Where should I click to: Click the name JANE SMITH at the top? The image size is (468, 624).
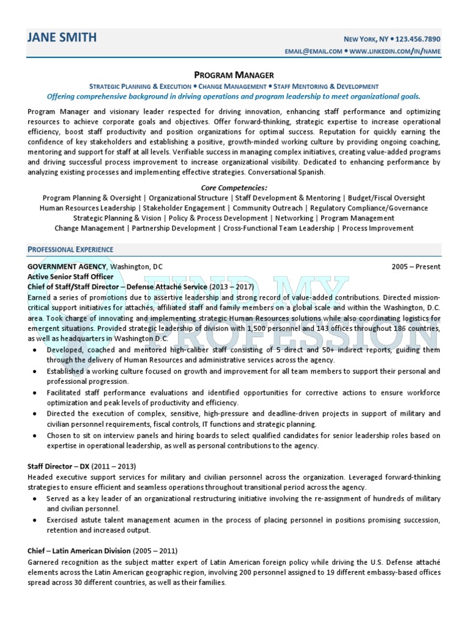(62, 38)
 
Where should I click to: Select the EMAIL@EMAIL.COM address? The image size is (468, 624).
(313, 52)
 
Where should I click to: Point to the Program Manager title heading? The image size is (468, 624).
(234, 75)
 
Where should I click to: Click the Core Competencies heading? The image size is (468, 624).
(234, 188)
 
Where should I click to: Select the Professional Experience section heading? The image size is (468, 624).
(71, 249)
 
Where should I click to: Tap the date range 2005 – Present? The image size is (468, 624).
(416, 267)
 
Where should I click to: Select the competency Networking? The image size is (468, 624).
(294, 218)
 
